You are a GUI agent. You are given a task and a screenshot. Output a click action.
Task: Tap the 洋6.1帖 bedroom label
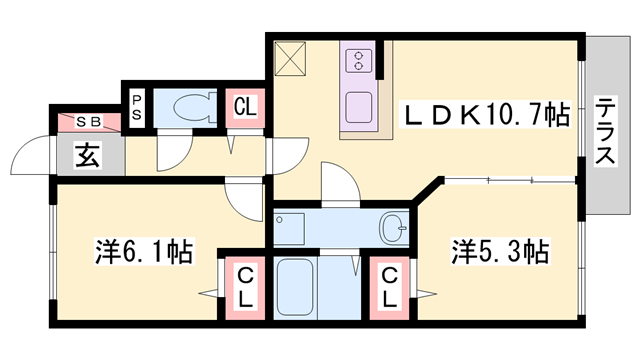point(144,249)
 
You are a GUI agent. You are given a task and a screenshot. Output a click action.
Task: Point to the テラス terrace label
point(606,130)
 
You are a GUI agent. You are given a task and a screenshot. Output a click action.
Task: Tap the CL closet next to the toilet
point(243,107)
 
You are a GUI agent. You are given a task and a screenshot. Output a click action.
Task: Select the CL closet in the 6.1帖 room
point(243,285)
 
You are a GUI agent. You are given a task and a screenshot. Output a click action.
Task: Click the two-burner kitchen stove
point(357,60)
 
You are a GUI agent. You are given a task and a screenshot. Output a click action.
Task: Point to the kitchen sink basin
point(357,104)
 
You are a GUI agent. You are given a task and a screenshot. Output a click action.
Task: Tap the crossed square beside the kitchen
point(294,57)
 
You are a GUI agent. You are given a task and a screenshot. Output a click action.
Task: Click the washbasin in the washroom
point(394,229)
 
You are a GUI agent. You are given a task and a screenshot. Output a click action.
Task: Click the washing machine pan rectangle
point(295,228)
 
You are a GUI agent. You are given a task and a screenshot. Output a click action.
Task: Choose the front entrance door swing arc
point(27,160)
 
